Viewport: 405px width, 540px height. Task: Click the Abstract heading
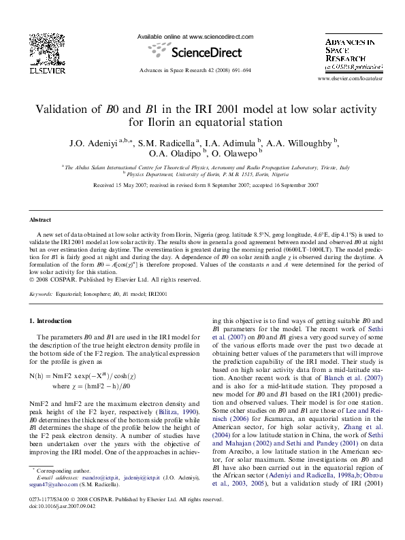[x=40, y=220]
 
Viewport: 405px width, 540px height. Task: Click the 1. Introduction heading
[x=53, y=321]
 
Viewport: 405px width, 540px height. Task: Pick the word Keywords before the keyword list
[x=42, y=294]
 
